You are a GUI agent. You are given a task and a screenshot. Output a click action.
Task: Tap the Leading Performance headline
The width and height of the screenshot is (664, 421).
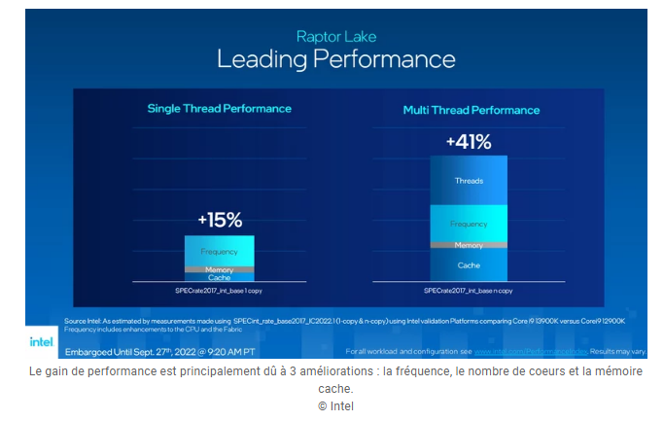pyautogui.click(x=334, y=59)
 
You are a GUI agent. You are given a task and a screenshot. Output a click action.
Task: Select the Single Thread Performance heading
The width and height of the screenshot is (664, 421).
pyautogui.click(x=219, y=109)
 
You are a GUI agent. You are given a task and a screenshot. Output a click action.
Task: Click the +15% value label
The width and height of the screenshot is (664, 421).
pyautogui.click(x=220, y=221)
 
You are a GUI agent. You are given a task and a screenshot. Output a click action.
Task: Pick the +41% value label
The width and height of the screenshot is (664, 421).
pyautogui.click(x=468, y=142)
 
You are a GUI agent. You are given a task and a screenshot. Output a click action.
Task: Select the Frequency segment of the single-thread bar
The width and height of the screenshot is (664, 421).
pyautogui.click(x=219, y=251)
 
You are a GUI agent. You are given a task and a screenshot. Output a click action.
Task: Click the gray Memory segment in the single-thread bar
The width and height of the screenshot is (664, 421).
pyautogui.click(x=219, y=269)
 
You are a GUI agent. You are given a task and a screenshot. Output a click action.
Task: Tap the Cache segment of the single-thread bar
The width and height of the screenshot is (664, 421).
pyautogui.click(x=219, y=277)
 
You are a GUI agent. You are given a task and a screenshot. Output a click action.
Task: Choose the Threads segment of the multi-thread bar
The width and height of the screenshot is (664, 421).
pyautogui.click(x=469, y=181)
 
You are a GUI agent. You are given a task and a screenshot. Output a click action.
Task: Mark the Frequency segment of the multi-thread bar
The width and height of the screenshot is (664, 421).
pyautogui.click(x=469, y=224)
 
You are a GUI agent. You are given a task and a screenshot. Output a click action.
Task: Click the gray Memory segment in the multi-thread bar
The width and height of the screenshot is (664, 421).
pyautogui.click(x=469, y=245)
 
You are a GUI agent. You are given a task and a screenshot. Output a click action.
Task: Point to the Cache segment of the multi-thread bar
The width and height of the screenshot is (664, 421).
pyautogui.click(x=469, y=263)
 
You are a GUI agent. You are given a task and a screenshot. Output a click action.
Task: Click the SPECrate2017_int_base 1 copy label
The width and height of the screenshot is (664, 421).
pyautogui.click(x=219, y=290)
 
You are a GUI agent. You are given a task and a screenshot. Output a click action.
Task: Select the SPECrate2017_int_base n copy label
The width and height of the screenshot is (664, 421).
pyautogui.click(x=469, y=290)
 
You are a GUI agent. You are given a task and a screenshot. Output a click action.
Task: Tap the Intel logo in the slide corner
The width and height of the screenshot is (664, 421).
pyautogui.click(x=41, y=341)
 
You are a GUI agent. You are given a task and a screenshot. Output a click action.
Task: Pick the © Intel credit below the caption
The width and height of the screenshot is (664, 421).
pyautogui.click(x=335, y=405)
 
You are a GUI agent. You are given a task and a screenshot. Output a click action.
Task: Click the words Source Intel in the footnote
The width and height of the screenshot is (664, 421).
pyautogui.click(x=82, y=320)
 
